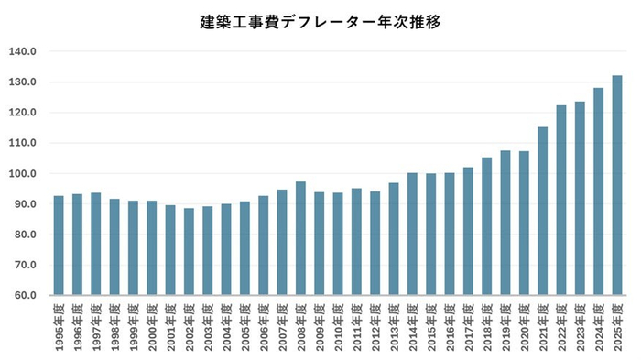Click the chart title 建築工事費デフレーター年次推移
tap(320, 21)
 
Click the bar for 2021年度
tap(542, 211)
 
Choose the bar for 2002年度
tap(189, 252)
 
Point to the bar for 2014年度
tap(412, 234)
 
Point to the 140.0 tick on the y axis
tap(23, 52)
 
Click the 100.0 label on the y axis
tap(23, 174)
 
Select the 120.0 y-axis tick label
tap(23, 113)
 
